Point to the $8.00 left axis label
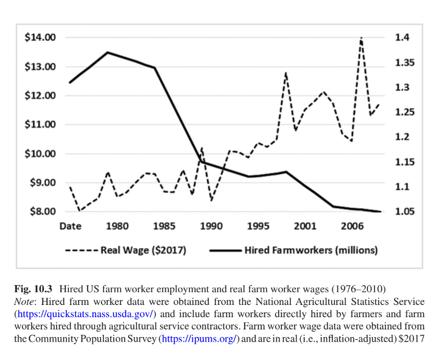(41, 212)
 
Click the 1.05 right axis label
(404, 212)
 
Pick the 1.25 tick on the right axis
(404, 112)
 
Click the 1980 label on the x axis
(117, 226)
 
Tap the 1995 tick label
(258, 226)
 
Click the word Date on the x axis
(70, 226)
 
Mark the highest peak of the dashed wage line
(361, 38)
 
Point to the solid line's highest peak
(108, 52)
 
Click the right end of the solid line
(380, 212)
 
